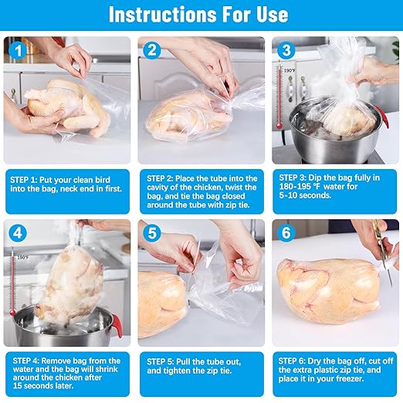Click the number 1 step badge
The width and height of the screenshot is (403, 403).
tap(18, 51)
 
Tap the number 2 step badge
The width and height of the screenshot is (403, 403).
tap(152, 50)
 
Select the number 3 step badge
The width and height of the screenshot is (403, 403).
tap(286, 50)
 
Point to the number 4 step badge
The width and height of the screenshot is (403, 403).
tap(18, 233)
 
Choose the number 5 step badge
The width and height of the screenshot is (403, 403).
tap(152, 233)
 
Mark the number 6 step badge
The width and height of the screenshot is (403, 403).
tap(286, 233)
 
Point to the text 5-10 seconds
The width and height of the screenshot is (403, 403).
tap(305, 195)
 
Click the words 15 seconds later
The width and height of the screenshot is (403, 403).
tap(43, 386)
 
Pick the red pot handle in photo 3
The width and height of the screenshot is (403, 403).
tap(382, 117)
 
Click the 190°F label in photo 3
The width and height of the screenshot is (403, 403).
tap(290, 70)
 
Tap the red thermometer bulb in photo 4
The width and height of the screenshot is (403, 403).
tap(12, 313)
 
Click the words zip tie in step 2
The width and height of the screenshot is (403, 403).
tap(237, 205)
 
